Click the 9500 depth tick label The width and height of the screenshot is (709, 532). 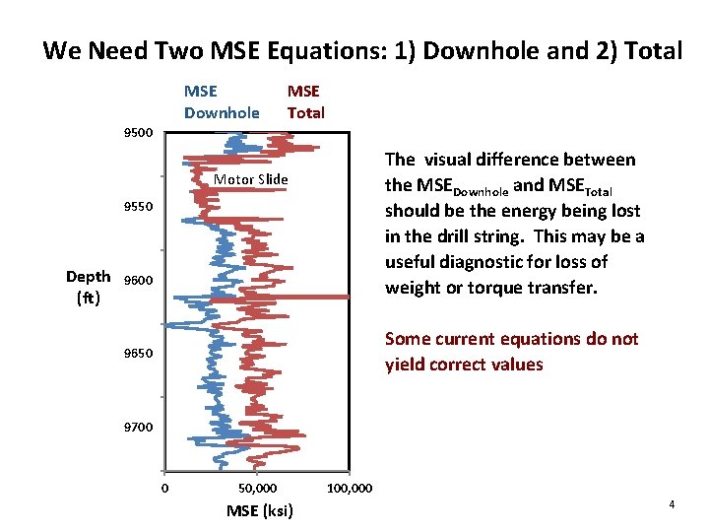138,132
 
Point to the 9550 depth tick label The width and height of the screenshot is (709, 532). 138,207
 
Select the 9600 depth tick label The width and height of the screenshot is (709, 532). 138,281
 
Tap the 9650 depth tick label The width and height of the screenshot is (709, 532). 138,353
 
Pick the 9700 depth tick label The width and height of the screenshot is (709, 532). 138,427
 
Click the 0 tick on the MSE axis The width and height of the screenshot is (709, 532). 165,488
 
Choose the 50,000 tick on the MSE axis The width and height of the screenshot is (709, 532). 258,488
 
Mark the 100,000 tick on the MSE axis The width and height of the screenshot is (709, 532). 349,488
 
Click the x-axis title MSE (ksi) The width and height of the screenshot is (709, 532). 259,510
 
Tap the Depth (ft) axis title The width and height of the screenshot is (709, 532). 88,287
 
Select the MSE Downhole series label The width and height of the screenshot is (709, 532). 222,102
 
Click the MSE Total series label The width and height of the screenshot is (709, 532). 305,102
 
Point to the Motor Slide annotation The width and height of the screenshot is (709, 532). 251,179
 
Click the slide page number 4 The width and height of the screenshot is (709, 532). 672,504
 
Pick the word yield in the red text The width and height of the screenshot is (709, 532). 407,365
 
